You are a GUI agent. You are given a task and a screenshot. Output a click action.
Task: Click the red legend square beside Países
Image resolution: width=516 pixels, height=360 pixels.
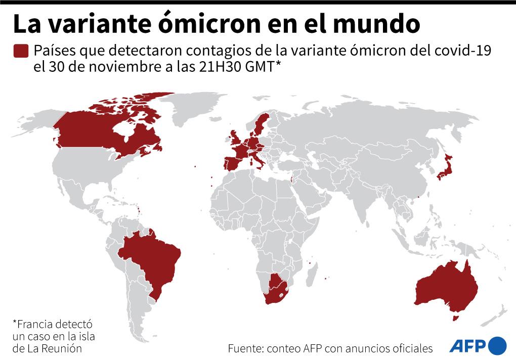[x=21, y=51]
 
